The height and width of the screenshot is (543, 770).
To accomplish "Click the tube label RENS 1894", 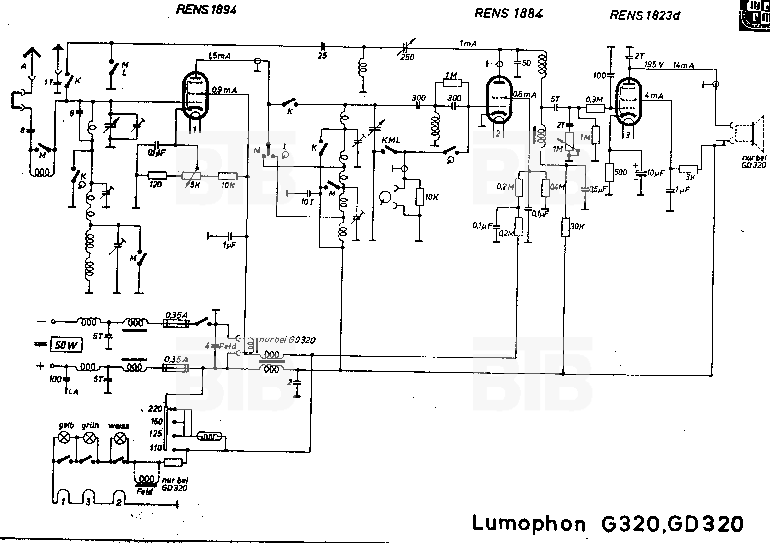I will tap(206, 10).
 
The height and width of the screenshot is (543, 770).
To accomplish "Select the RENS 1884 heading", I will tap(508, 13).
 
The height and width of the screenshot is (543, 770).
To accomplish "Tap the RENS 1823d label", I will tap(644, 15).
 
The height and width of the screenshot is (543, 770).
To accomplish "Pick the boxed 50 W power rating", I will tap(66, 345).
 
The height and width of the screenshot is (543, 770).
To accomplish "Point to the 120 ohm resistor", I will tap(157, 175).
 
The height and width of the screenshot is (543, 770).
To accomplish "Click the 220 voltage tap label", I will tap(155, 408).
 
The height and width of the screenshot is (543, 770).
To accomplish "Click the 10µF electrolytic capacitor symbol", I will tap(641, 173).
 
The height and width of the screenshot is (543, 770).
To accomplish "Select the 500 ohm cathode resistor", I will tap(609, 172).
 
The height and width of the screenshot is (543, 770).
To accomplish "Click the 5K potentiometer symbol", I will tap(191, 176).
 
